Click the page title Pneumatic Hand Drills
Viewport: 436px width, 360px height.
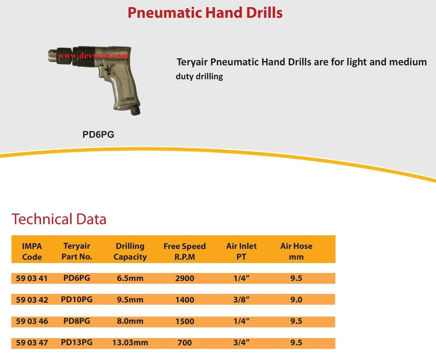[205, 13]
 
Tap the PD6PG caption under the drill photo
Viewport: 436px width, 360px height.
[98, 135]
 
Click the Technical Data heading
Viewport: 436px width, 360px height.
[59, 219]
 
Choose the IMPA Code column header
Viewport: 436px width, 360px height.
[32, 252]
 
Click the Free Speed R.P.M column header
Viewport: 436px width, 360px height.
[185, 252]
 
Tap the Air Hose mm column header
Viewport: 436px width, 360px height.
[296, 252]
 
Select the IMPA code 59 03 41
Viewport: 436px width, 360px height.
[32, 278]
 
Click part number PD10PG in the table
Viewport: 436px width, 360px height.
[77, 300]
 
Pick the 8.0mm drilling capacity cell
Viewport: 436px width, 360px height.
[130, 321]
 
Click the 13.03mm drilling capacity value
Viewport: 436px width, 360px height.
[130, 343]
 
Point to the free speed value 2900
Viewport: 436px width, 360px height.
[185, 278]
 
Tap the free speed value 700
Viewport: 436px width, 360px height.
[185, 343]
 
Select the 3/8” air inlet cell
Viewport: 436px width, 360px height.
[241, 300]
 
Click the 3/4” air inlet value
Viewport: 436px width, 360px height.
[241, 343]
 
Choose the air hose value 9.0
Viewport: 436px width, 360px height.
[296, 300]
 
